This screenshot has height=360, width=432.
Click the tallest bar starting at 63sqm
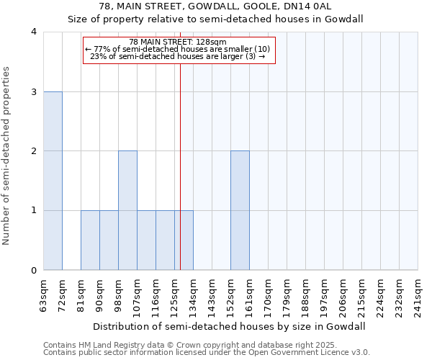[x=53, y=181]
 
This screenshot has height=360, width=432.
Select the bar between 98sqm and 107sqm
[x=127, y=210]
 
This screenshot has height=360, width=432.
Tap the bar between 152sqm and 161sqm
[x=240, y=210]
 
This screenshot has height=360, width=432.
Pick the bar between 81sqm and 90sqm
[x=90, y=240]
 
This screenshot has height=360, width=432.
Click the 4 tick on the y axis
[x=34, y=32]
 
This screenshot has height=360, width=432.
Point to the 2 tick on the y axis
[x=34, y=151]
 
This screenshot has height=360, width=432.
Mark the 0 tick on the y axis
[x=34, y=270]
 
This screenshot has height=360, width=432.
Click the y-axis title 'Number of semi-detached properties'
[x=7, y=155]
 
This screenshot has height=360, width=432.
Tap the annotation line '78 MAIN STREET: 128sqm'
[x=178, y=42]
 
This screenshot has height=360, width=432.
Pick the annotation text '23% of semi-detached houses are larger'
[x=175, y=57]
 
